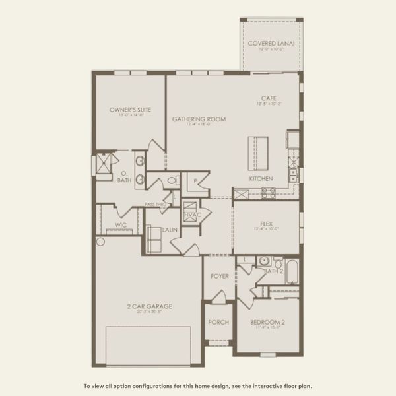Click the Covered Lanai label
click(271, 44)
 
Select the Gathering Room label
click(199, 119)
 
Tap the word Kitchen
click(261, 179)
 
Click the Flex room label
click(266, 224)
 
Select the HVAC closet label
click(191, 214)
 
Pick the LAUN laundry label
click(171, 230)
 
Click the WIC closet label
click(121, 225)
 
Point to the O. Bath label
click(124, 177)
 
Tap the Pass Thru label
click(156, 205)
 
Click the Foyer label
click(219, 275)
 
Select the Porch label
click(218, 322)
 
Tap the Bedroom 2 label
click(268, 323)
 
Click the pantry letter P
click(196, 180)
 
